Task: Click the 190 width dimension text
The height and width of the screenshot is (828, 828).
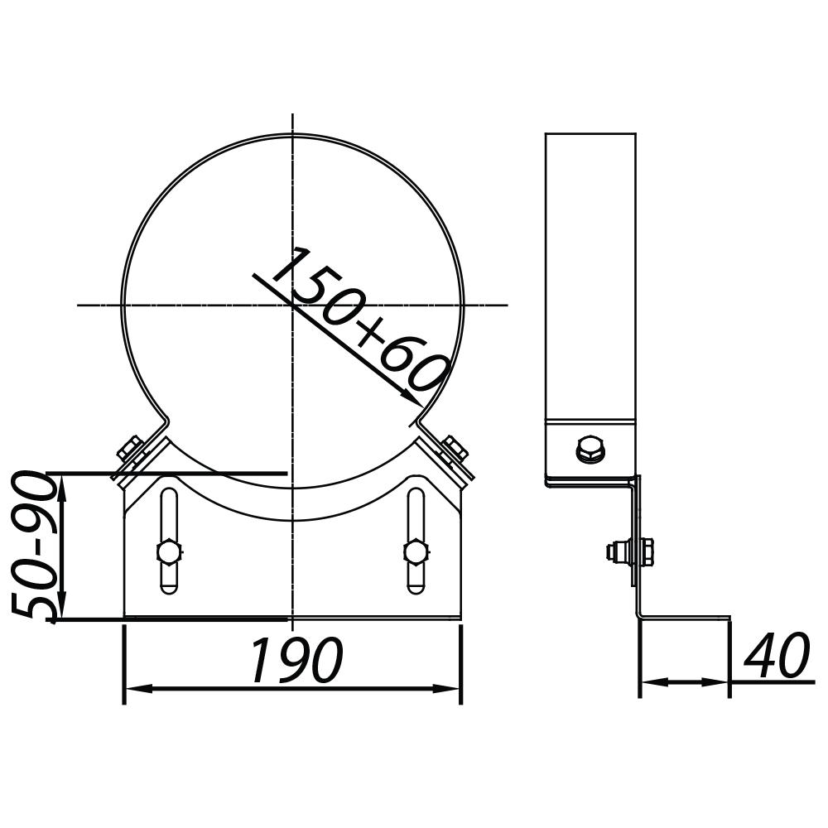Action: pyautogui.click(x=296, y=661)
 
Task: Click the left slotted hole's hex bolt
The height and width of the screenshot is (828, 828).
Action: pyautogui.click(x=168, y=551)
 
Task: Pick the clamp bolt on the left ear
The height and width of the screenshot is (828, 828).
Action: pyautogui.click(x=130, y=452)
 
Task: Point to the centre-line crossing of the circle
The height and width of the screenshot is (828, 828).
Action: pyautogui.click(x=293, y=305)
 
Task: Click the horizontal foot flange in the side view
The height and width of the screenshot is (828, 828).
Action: pyautogui.click(x=686, y=619)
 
